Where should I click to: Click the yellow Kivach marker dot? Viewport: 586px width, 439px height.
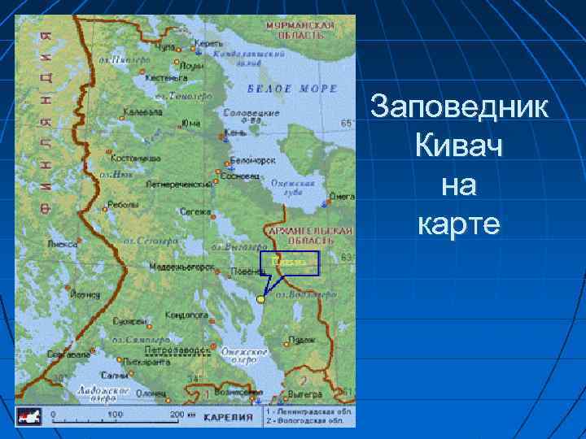pyautogui.click(x=260, y=299)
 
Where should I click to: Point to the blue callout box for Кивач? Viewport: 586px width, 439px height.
pyautogui.click(x=290, y=263)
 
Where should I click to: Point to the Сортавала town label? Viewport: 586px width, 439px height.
pyautogui.click(x=68, y=354)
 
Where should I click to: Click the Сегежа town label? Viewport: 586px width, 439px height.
pyautogui.click(x=195, y=211)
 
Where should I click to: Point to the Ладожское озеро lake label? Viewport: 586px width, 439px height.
pyautogui.click(x=104, y=393)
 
